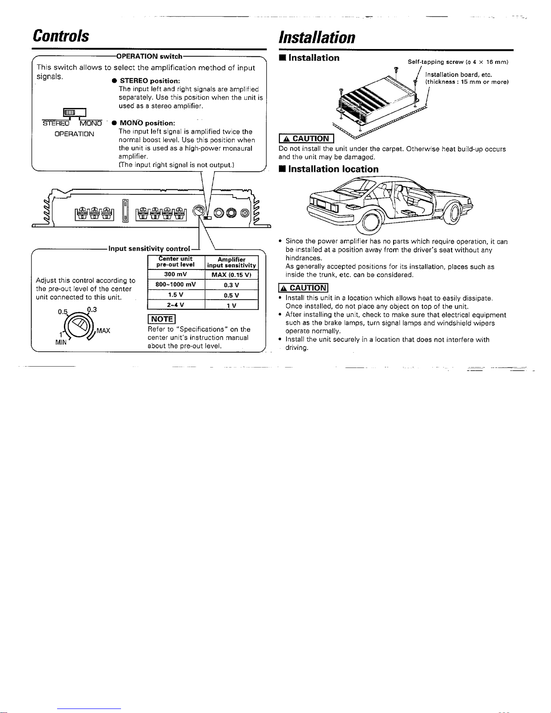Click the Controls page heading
point(61,36)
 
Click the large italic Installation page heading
point(317,37)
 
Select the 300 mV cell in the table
point(176,274)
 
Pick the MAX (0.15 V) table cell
point(231,275)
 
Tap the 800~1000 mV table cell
point(176,284)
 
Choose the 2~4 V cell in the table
point(176,305)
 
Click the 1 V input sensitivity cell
point(231,305)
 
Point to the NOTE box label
point(161,319)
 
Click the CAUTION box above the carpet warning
point(306,139)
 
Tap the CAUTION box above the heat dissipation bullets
point(303,288)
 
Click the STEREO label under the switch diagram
point(56,123)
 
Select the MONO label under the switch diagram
point(91,123)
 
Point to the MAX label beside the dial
point(103,331)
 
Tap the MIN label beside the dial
point(61,342)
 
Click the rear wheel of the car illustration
point(370,222)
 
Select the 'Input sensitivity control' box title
point(149,249)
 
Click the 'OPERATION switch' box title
point(149,56)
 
